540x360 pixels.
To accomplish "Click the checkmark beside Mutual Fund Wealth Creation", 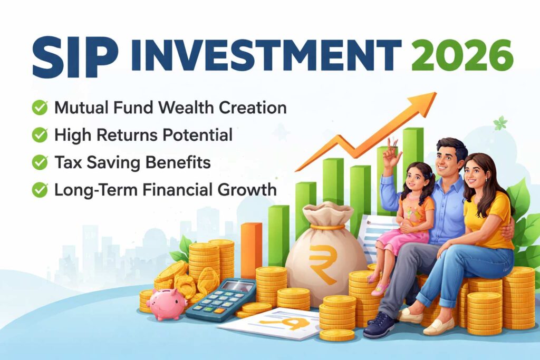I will click(x=40, y=108).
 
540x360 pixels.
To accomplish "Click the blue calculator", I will click(x=220, y=298).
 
